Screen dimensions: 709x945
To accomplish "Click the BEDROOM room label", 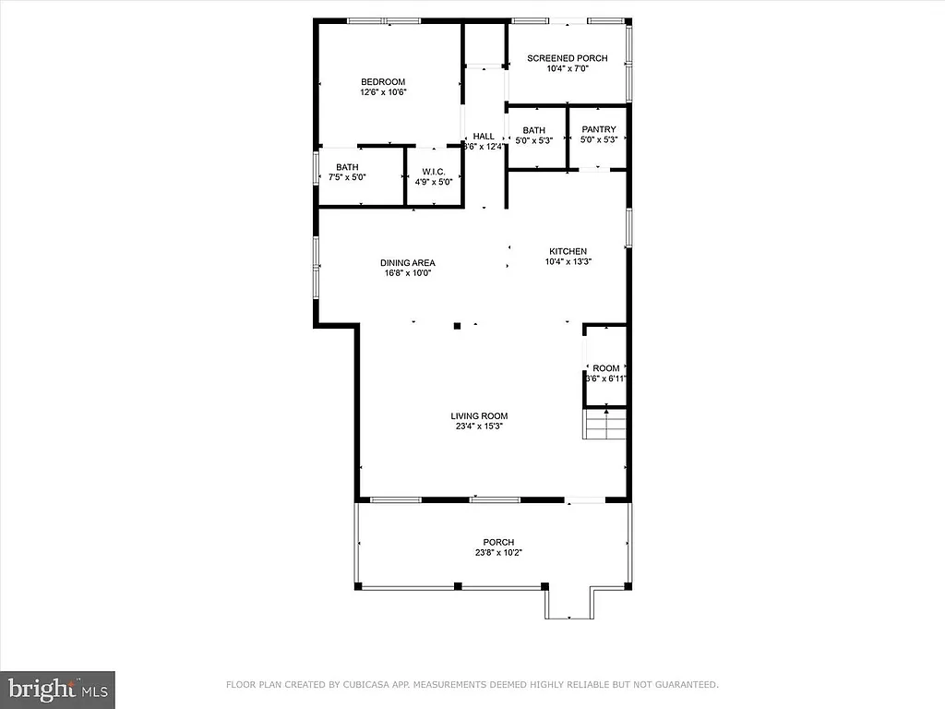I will pyautogui.click(x=382, y=81).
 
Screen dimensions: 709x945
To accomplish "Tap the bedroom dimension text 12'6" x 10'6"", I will pyautogui.click(x=382, y=92).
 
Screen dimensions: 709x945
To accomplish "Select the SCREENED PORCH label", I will pyautogui.click(x=567, y=58).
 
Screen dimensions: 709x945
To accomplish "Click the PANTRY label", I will pyautogui.click(x=598, y=129).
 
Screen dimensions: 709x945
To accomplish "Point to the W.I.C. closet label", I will pyautogui.click(x=434, y=172).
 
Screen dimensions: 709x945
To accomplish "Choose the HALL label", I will pyautogui.click(x=484, y=136).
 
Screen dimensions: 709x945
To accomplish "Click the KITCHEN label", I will pyautogui.click(x=568, y=251).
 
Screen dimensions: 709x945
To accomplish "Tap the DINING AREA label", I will pyautogui.click(x=407, y=262).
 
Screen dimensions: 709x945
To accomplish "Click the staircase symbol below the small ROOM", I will pyautogui.click(x=604, y=425).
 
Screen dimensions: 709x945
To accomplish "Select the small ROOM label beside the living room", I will pyautogui.click(x=605, y=368).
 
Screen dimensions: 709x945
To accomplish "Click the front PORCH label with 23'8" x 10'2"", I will pyautogui.click(x=498, y=542).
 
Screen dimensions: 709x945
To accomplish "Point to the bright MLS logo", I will pyautogui.click(x=57, y=688).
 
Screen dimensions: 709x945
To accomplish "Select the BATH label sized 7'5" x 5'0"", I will pyautogui.click(x=347, y=167).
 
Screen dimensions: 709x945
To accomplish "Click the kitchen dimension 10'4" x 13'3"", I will pyautogui.click(x=568, y=261).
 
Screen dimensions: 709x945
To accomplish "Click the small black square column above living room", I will pyautogui.click(x=457, y=325).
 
